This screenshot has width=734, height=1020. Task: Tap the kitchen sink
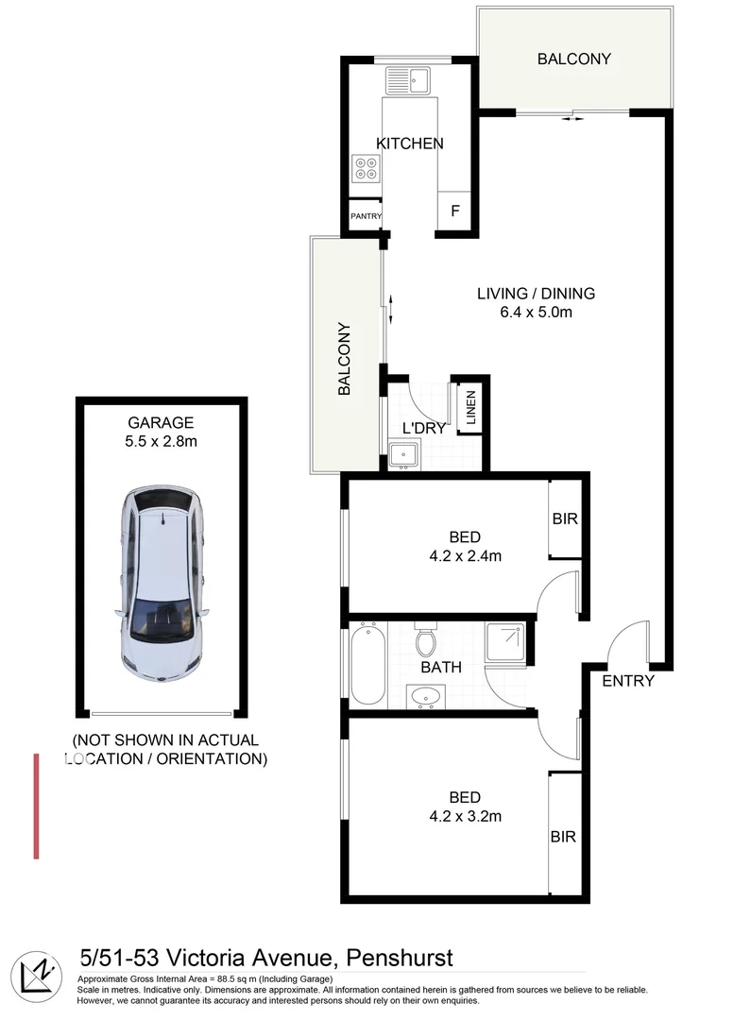click(x=407, y=78)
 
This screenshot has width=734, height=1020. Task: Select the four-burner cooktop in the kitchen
click(x=366, y=169)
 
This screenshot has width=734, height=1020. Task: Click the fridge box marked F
click(x=454, y=211)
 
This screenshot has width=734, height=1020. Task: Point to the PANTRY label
click(x=366, y=216)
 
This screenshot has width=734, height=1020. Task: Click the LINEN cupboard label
click(x=469, y=407)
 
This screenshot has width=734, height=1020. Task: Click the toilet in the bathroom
click(x=426, y=639)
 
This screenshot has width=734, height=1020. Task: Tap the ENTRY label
click(x=627, y=680)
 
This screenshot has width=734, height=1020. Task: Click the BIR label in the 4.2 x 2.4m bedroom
click(x=565, y=519)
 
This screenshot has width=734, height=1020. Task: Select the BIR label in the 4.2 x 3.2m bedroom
click(x=564, y=837)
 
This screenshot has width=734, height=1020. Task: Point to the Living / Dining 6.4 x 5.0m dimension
click(x=536, y=312)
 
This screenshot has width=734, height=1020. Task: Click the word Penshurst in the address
click(x=401, y=959)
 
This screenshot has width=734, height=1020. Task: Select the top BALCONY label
click(x=573, y=59)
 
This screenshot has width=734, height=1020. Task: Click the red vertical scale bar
click(x=36, y=806)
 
